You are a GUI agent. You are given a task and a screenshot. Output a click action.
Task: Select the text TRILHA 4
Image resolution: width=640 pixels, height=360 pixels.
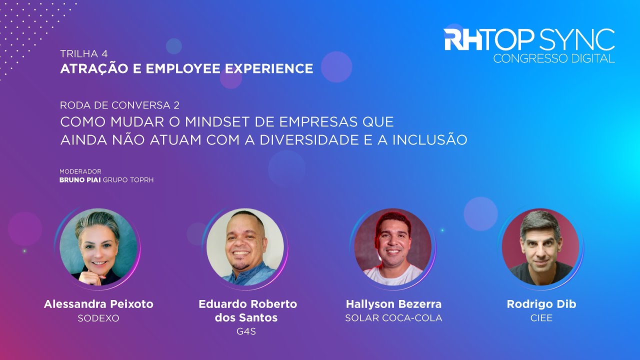83,53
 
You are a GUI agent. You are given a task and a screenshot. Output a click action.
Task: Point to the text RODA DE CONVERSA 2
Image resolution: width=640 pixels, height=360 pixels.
119,105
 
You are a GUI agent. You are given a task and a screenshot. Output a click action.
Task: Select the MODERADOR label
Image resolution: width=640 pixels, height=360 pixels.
80,171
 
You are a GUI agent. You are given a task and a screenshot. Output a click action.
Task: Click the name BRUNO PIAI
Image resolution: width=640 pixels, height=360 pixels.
80,179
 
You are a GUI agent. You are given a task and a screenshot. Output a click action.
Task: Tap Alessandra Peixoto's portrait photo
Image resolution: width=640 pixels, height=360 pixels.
98,247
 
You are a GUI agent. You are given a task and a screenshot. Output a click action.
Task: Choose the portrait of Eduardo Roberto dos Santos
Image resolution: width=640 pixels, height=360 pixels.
245,247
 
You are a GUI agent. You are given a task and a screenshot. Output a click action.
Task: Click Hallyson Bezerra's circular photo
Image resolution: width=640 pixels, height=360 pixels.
393,247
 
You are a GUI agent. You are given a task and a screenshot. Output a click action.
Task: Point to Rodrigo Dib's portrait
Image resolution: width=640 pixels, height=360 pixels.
540,247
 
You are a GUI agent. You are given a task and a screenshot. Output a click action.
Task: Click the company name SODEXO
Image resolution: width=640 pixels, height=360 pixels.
98,318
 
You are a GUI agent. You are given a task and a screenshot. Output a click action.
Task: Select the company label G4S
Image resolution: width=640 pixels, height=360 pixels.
245,331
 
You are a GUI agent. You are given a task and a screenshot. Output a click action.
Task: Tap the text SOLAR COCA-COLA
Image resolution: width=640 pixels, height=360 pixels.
393,318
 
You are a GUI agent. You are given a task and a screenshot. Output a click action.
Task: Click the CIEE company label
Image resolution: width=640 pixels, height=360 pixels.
541,318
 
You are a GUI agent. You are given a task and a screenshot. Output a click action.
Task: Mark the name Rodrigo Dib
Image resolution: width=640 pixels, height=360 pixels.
541,304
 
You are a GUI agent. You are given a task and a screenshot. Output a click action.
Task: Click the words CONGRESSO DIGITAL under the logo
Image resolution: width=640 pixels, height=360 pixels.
553,58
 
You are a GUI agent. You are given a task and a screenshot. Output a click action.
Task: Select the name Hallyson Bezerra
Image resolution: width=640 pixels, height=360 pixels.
393,304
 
